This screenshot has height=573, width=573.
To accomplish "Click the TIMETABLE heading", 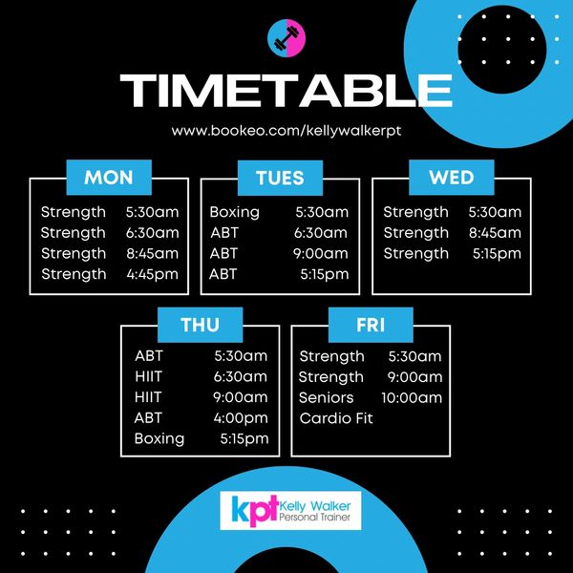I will point(286,91).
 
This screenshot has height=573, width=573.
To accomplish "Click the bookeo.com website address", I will point(286,130).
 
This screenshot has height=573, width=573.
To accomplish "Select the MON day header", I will point(109,177).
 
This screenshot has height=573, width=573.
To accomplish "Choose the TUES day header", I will point(280,177).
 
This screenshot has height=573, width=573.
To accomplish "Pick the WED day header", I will point(452,177).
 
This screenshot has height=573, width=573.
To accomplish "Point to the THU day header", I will point(200,325).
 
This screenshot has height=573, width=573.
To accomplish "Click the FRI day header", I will point(371,325).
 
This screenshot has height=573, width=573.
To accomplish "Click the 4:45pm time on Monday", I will point(152,274).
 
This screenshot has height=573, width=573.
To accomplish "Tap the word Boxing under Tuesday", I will point(235,212).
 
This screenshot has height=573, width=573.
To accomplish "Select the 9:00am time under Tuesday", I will point(321,253).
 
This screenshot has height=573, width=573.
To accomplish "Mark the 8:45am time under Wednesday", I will point(495,232).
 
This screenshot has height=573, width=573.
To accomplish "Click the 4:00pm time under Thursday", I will point(241,417).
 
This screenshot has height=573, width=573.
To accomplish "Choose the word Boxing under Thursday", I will point(159,438).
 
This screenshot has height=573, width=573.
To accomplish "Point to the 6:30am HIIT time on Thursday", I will point(241,376).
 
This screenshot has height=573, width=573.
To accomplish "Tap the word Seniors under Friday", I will point(326,397).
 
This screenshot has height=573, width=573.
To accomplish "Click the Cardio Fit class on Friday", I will point(336,418).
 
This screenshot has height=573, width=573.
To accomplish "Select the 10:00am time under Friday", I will point(412,397).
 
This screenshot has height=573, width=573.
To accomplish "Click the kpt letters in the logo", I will point(248,510).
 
